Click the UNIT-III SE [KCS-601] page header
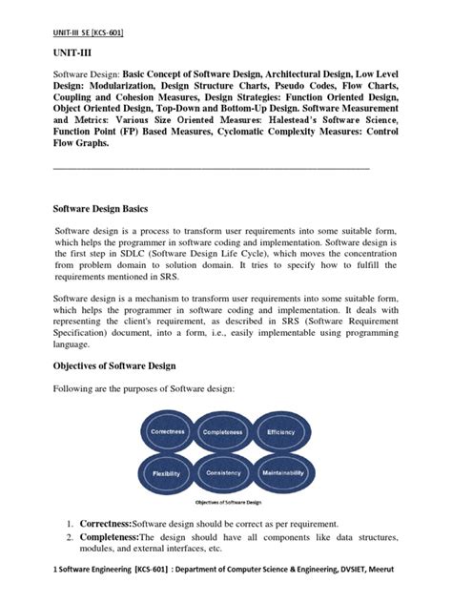88,32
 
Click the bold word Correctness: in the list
104,524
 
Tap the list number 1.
70,524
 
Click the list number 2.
70,538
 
